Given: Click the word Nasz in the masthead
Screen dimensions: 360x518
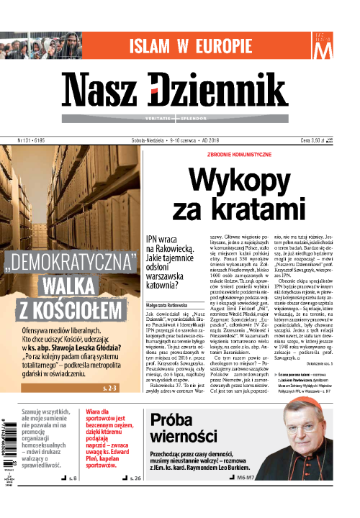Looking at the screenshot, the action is coord(120,91).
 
